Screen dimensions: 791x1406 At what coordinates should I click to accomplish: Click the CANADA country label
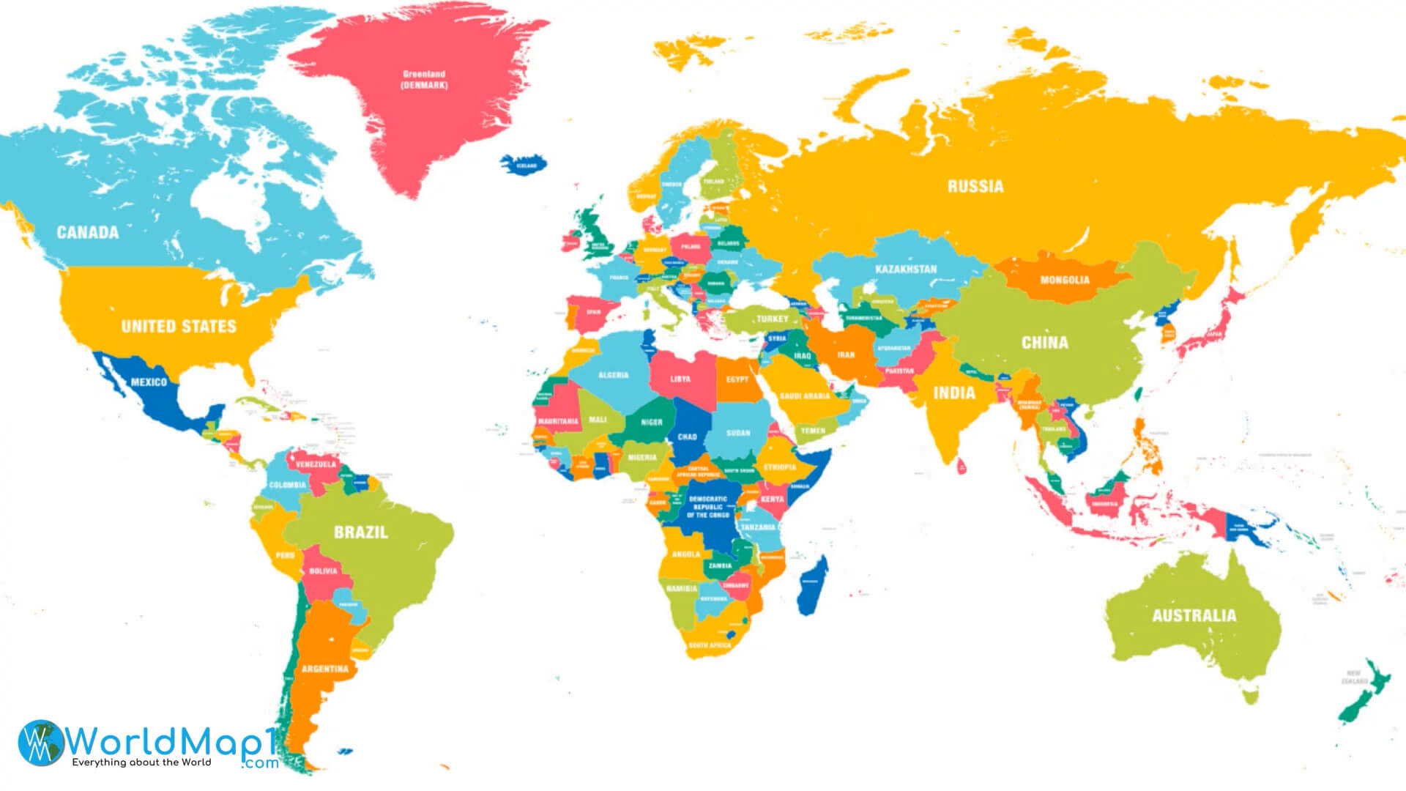88,233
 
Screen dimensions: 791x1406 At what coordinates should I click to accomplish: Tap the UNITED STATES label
179,327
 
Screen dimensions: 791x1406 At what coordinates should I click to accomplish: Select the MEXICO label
149,382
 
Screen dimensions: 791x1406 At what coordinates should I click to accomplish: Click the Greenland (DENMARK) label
424,79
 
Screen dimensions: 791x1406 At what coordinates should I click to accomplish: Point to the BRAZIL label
361,532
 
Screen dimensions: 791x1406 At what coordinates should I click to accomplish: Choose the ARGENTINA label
325,669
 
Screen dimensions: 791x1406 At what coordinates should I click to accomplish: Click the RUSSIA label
975,187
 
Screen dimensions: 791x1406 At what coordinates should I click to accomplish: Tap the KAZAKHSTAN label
906,269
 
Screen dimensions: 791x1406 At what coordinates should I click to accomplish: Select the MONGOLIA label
1065,280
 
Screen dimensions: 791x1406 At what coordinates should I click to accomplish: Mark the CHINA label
1045,343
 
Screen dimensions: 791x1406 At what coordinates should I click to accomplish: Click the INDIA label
954,393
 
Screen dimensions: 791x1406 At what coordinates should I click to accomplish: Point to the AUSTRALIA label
1194,616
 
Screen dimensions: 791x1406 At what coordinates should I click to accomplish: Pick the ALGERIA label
614,375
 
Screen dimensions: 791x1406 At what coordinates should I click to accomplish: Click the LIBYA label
680,379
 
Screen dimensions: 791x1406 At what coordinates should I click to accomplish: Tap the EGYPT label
737,379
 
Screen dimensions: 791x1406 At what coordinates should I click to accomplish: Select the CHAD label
687,437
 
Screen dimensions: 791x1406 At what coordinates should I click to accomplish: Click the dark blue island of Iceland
524,163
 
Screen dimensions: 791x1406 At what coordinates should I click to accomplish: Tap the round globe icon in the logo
40,743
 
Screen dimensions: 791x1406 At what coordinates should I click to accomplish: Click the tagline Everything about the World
141,762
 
